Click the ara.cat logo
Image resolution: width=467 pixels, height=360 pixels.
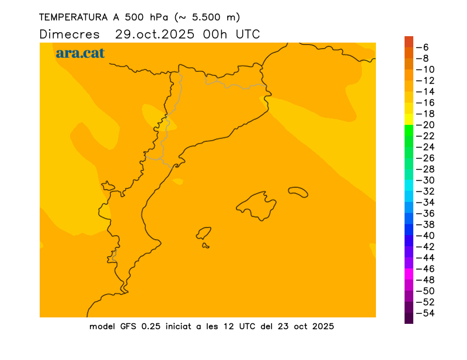click(80, 53)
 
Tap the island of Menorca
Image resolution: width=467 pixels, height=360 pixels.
click(298, 192)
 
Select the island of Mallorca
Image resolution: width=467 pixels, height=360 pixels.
click(257, 205)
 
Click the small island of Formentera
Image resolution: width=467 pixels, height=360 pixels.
click(205, 246)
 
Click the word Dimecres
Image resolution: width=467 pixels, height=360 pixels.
click(69, 34)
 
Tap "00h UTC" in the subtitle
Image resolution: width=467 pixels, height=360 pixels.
click(231, 34)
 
